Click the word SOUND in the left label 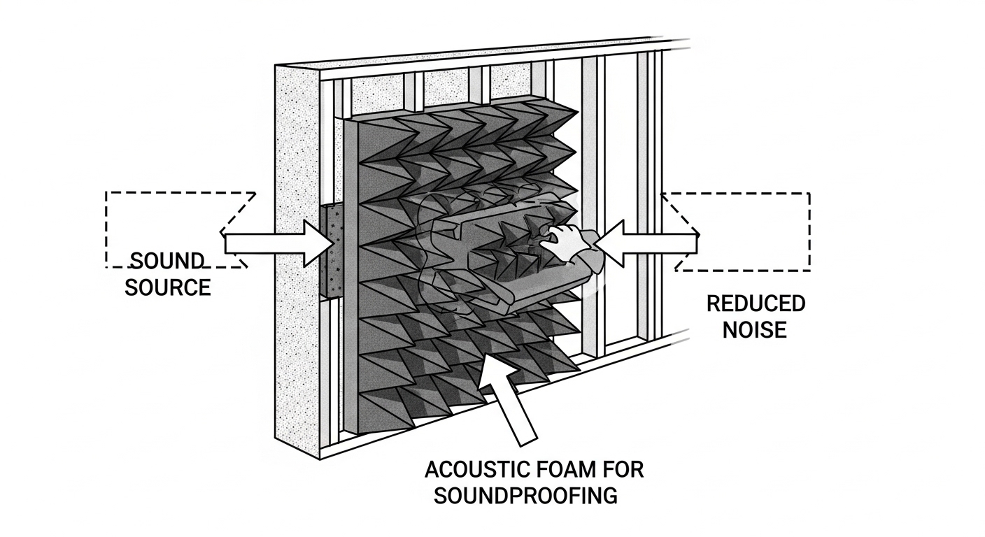coord(167,262)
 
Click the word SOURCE coord(168,287)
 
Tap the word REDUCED coord(756,304)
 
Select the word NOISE coord(755,329)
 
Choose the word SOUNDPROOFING coord(526,495)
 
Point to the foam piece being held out coord(490,259)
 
